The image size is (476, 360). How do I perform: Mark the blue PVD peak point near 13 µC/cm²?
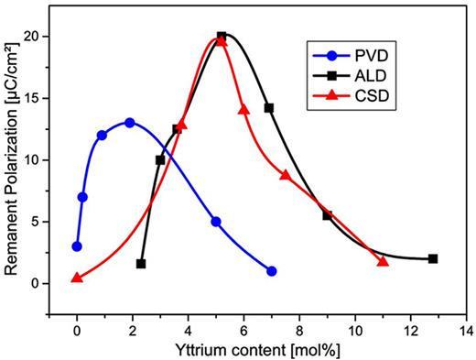[130, 123]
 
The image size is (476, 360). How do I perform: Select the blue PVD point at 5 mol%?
[216, 222]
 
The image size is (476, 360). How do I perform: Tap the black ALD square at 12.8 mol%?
[433, 258]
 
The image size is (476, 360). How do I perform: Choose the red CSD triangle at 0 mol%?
[77, 278]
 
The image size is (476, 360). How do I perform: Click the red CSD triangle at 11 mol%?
[383, 262]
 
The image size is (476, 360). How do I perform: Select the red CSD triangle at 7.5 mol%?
[286, 175]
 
